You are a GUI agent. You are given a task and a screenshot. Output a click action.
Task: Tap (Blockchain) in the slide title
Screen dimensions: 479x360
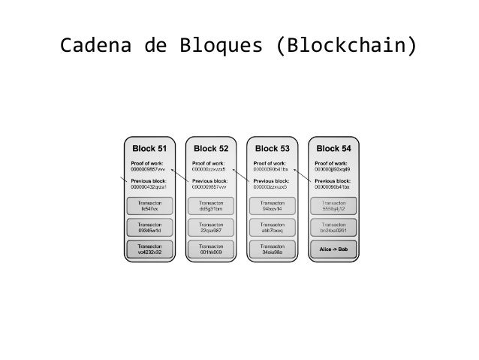click(x=345, y=47)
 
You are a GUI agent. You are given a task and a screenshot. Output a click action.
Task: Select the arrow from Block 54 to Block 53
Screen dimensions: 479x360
click(x=303, y=176)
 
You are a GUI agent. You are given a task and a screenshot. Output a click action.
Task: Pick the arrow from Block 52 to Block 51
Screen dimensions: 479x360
click(x=180, y=176)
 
